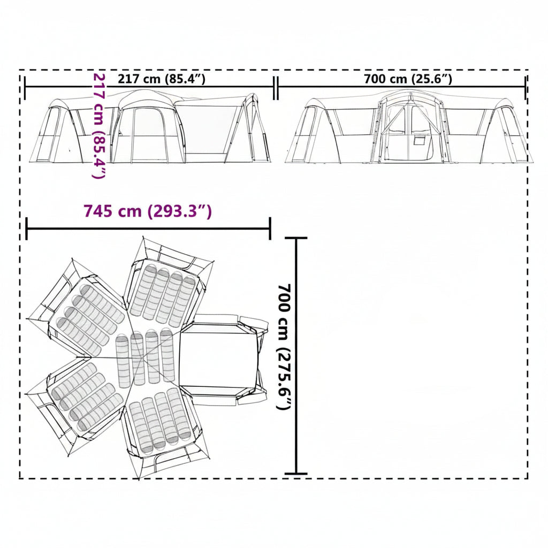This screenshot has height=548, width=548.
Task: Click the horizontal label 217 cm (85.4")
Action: coord(162,79)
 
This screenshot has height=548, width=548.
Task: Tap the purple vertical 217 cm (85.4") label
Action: coord(98,126)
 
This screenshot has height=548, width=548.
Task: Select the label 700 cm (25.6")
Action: coord(408,79)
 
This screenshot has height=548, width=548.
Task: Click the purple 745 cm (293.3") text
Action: coord(148,211)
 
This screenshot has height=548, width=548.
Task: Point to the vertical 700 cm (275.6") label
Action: coord(285,347)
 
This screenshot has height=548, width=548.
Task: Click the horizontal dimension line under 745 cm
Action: coord(148,229)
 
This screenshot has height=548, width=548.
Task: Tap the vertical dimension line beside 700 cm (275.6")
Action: coord(296,356)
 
